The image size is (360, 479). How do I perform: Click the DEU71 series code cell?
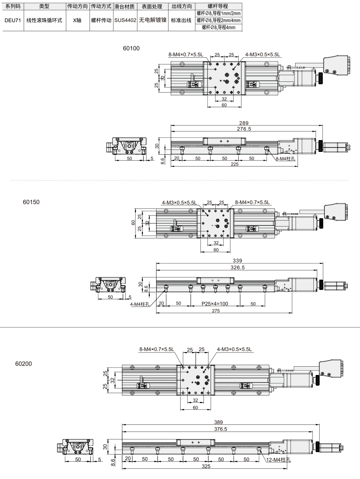13,20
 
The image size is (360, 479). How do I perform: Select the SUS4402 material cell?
125,20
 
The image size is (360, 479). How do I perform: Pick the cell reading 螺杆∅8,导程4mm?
219,28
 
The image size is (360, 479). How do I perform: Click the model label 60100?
131,48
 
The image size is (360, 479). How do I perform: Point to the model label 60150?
31,202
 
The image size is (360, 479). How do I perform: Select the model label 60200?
24,364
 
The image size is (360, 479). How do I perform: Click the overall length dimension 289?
244,123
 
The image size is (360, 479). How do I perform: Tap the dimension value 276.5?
244,129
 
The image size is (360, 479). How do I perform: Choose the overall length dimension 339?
237,261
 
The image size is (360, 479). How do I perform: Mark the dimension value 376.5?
221,429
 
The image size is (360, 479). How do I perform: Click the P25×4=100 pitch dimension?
215,303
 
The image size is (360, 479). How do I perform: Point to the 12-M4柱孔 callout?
279,460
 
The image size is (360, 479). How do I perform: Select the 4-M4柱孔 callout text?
139,304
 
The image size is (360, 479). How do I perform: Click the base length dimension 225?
234,164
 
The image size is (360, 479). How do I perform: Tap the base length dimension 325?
206,466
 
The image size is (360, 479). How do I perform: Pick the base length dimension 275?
216,311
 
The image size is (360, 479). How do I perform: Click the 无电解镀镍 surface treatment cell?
153,20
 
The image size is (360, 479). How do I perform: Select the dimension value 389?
219,422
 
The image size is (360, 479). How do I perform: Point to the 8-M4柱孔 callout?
285,159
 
